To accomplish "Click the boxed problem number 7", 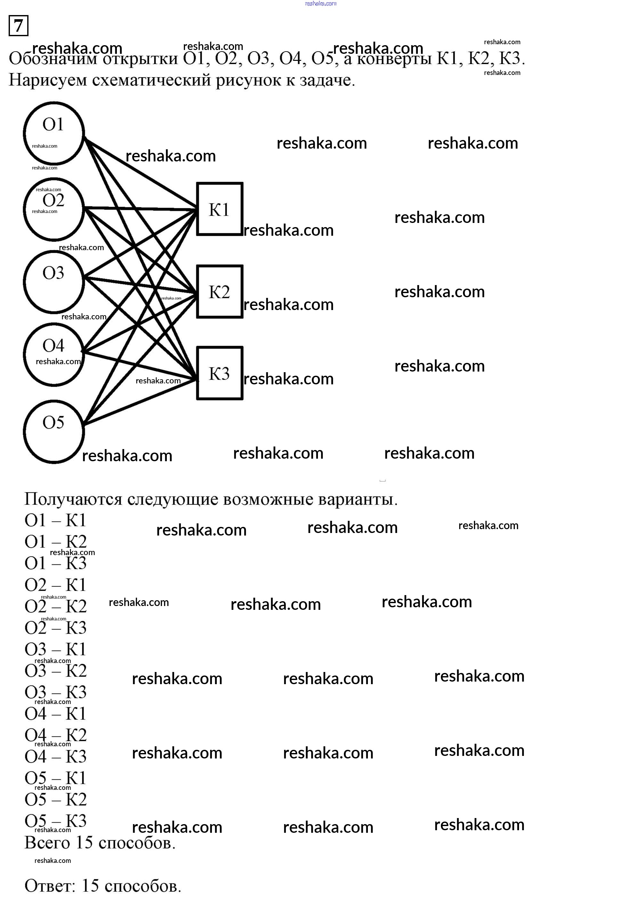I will click(x=18, y=26).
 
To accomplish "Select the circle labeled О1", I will click(x=54, y=133).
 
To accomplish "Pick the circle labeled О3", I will click(x=54, y=282).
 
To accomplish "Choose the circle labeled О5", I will click(x=54, y=431).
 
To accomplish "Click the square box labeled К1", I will click(x=219, y=209).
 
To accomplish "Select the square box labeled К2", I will click(x=219, y=291).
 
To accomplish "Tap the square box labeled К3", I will click(x=219, y=373).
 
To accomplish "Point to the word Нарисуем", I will click(x=48, y=80).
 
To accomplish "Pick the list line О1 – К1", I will click(x=55, y=520).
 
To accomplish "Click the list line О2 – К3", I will click(x=55, y=628).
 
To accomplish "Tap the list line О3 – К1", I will click(x=55, y=649).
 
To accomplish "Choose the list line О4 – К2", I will click(x=55, y=735).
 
